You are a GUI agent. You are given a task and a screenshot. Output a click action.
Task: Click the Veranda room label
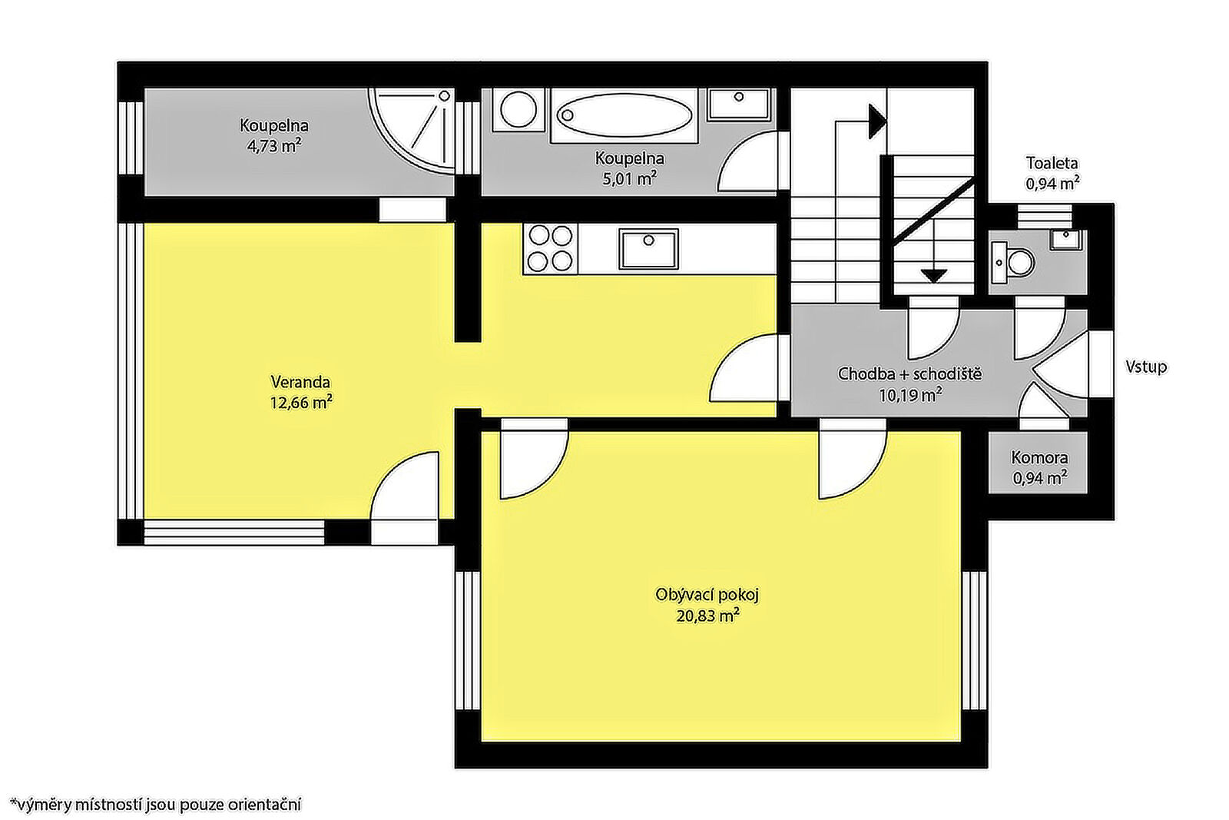pos(300,381)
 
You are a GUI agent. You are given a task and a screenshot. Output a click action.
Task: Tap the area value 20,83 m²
pos(707,616)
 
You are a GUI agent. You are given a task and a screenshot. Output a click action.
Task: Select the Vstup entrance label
pos(1146,367)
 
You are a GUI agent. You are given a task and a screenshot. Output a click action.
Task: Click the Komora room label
pos(1039,457)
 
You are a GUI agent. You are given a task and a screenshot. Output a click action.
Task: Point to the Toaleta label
pos(1052,163)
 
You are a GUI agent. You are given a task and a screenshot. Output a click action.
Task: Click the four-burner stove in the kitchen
pos(550,249)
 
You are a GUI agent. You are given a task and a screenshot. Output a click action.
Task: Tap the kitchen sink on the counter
pos(648,249)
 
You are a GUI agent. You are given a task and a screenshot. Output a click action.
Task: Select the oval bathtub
pos(624,115)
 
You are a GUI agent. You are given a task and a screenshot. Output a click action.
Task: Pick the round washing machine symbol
pos(518,110)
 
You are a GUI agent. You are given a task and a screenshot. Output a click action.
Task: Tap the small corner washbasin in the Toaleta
pos(1067,239)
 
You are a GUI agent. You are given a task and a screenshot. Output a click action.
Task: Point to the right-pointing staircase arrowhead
pos(877,121)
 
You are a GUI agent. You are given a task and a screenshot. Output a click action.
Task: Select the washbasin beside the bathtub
pos(739,105)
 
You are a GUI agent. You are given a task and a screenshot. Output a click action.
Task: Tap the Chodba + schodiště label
pos(909,373)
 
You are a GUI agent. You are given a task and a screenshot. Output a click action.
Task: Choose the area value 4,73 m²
pos(273,146)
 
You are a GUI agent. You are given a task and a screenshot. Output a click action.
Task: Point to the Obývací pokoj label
pos(707,595)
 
